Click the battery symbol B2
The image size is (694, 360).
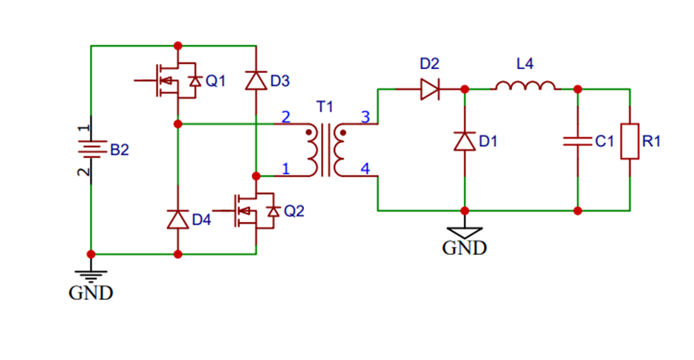click(x=91, y=149)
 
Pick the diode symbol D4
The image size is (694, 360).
click(x=177, y=219)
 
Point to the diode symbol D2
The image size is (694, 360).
click(x=430, y=88)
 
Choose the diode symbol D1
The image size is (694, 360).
click(x=465, y=141)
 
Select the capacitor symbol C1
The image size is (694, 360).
click(x=578, y=141)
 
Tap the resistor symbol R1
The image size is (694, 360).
click(x=630, y=141)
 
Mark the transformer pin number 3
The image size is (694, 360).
click(x=366, y=117)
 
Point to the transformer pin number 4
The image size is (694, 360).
click(x=366, y=169)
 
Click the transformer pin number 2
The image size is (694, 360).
click(x=286, y=117)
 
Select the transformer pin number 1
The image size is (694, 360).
click(x=286, y=168)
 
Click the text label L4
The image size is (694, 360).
click(x=525, y=64)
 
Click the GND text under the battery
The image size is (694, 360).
click(x=91, y=293)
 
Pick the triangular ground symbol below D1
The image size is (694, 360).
click(x=465, y=230)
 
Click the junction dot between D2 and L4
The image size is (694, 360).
click(x=465, y=88)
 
